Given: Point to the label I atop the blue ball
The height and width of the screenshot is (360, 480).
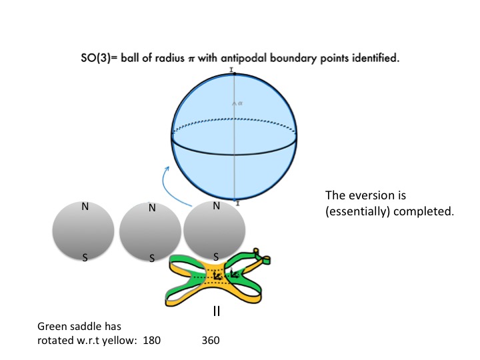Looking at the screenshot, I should (231, 69).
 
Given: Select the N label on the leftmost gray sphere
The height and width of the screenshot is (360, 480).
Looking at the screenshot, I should (85, 207).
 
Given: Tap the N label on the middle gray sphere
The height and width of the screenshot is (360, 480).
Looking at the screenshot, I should (152, 208).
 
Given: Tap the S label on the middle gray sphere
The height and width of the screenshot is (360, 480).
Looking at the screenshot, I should (152, 257).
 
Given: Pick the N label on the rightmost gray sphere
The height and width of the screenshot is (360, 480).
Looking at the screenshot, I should (216, 206).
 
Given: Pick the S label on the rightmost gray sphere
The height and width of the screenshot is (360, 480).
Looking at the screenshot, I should (216, 256).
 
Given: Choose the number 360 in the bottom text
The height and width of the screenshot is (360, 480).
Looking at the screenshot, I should (209, 340).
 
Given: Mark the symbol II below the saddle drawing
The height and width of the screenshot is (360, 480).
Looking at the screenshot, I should (216, 311).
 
